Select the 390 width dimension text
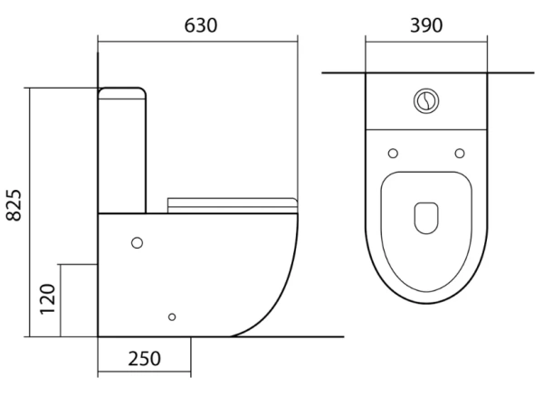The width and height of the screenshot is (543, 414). [425, 24]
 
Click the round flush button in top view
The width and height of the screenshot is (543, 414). [425, 100]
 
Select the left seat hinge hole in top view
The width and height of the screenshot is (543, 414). [392, 152]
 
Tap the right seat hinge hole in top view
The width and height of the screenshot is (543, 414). [460, 152]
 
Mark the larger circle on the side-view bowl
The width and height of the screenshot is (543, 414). [138, 242]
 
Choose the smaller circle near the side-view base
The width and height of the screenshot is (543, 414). [173, 316]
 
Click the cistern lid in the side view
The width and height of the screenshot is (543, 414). [122, 91]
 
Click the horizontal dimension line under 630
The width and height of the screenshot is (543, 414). [197, 40]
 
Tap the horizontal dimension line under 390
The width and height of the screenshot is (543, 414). [425, 40]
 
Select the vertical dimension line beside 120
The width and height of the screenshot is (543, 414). [61, 299]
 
